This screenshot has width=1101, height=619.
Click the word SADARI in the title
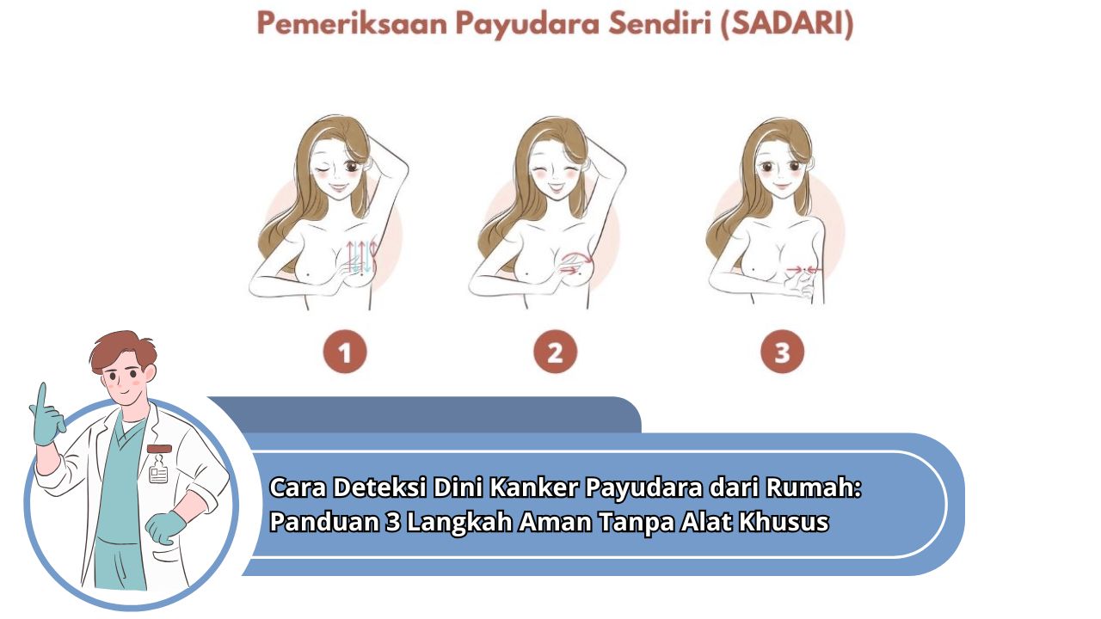(787, 23)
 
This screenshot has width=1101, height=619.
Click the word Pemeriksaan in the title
(352, 23)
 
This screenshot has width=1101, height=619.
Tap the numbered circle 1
(345, 352)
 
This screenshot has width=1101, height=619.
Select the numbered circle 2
(555, 352)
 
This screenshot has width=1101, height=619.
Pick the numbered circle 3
(782, 352)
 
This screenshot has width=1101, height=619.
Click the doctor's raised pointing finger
(42, 399)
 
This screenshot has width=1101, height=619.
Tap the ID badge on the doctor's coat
(158, 474)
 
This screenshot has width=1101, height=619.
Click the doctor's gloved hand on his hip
(165, 527)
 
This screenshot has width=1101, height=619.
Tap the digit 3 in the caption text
(393, 522)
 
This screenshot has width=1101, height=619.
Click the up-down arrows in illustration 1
(361, 255)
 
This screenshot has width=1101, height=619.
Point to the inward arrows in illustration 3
(803, 270)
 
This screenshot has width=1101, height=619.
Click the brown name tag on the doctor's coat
(159, 449)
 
